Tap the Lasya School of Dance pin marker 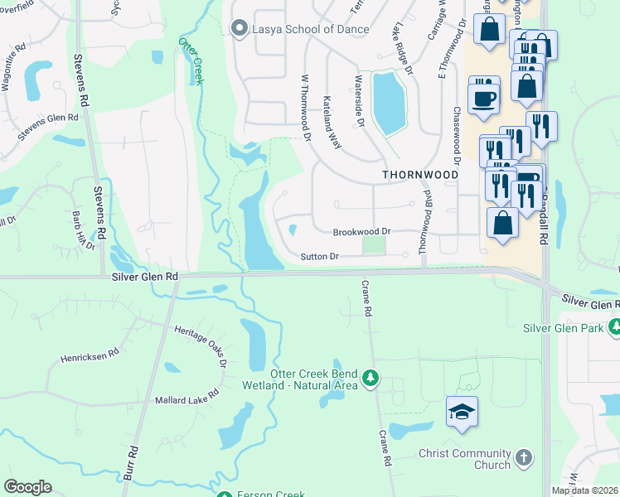tap(240, 29)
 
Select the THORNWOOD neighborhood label tap(420, 176)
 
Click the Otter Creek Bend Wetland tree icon tap(371, 379)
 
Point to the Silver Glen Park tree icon tap(614, 328)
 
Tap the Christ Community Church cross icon tap(523, 456)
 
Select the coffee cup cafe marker tap(484, 97)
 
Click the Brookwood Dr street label tap(361, 233)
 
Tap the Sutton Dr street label tap(319, 257)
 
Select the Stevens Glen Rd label tap(48, 122)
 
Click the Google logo tap(27, 487)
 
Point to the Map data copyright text tap(584, 490)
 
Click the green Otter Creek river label tap(191, 60)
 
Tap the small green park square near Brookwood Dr tap(375, 246)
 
